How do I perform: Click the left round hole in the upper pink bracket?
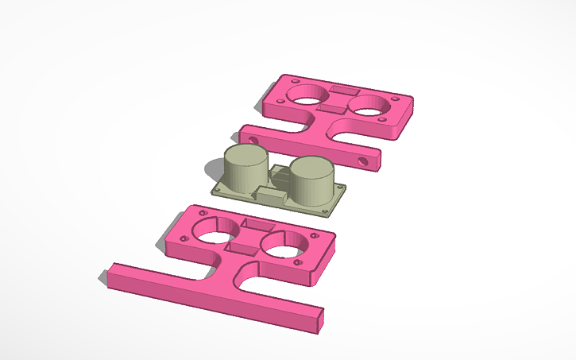click(305, 95)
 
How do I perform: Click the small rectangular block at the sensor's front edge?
click(271, 195)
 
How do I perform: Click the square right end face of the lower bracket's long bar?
click(319, 320)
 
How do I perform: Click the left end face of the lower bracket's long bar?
click(110, 274)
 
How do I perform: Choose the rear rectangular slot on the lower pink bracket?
click(258, 225)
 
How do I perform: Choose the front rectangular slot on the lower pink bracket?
click(242, 247)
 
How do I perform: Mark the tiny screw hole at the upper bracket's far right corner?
click(412, 100)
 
